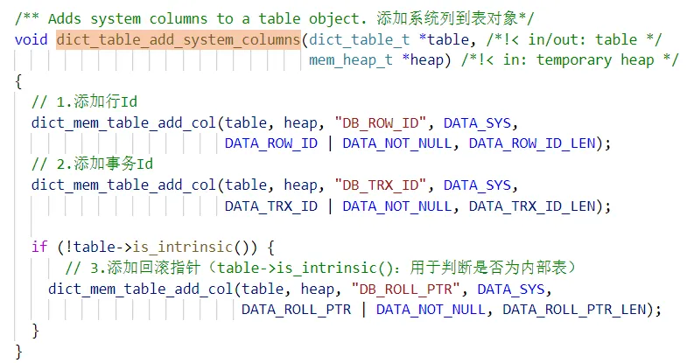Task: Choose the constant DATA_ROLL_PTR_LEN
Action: pyautogui.click(x=573, y=310)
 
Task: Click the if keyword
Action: pyautogui.click(x=39, y=247)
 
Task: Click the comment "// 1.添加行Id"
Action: pyautogui.click(x=84, y=101)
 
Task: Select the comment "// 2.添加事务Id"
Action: pyautogui.click(x=93, y=164)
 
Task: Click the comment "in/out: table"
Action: pyautogui.click(x=596, y=39)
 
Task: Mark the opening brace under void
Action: pyautogui.click(x=19, y=80)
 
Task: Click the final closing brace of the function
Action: pyautogui.click(x=19, y=352)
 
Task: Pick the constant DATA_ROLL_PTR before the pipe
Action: pyautogui.click(x=296, y=310)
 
